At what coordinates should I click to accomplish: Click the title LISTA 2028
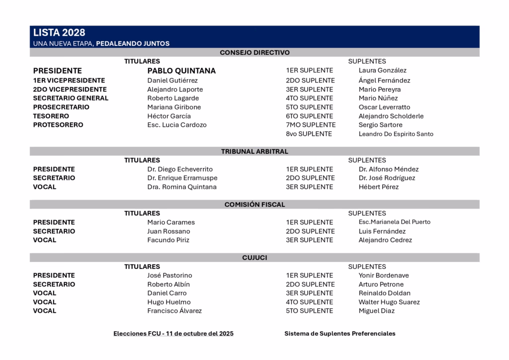coord(59,33)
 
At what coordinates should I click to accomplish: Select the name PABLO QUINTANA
coord(181,71)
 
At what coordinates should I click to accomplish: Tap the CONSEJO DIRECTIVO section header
coord(254,52)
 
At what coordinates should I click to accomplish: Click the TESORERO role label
coord(51,116)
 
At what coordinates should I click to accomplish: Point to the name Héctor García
coord(169,116)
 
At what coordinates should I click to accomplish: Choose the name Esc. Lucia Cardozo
coord(177,125)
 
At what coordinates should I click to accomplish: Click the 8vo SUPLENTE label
coord(309,134)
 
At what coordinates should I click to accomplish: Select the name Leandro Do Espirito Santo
coord(396,134)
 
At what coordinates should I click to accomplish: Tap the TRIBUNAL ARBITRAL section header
coord(254,151)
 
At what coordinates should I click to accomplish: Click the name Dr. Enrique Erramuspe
coord(182,178)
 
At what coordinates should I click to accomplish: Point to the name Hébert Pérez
coord(378,187)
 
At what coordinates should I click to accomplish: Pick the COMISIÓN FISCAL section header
coord(254,204)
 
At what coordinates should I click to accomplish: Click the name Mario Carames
coord(171,222)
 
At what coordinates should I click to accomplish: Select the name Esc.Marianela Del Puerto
coord(395,222)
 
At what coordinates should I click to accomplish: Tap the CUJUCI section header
coord(254,258)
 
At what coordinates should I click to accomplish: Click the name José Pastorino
coord(170,275)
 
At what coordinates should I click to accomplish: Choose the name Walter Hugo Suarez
coord(389,302)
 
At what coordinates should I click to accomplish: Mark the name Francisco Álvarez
coord(174,311)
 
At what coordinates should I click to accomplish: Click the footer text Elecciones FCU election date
coord(173,334)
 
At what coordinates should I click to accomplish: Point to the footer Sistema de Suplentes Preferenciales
coord(340,334)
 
